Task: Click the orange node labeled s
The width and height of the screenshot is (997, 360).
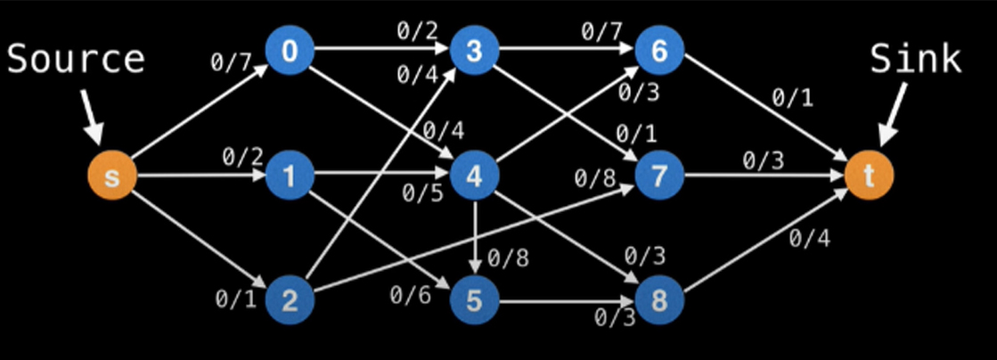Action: pos(111,176)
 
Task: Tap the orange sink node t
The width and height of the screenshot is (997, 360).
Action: pos(870,176)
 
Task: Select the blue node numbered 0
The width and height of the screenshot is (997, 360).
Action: pos(290,51)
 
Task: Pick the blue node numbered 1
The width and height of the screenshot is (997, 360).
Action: pos(290,176)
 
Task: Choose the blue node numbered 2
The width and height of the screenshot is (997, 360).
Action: pos(290,299)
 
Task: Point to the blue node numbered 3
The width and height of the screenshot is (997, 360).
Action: pos(474,51)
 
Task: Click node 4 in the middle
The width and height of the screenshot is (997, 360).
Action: pos(474,176)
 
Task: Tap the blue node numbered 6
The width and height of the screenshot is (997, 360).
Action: pos(659,51)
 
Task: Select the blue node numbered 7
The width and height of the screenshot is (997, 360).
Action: pos(659,176)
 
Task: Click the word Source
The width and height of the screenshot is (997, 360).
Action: pos(76,60)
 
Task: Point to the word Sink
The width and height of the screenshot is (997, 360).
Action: pos(916,60)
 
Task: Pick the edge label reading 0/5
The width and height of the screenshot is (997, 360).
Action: pos(421,192)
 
